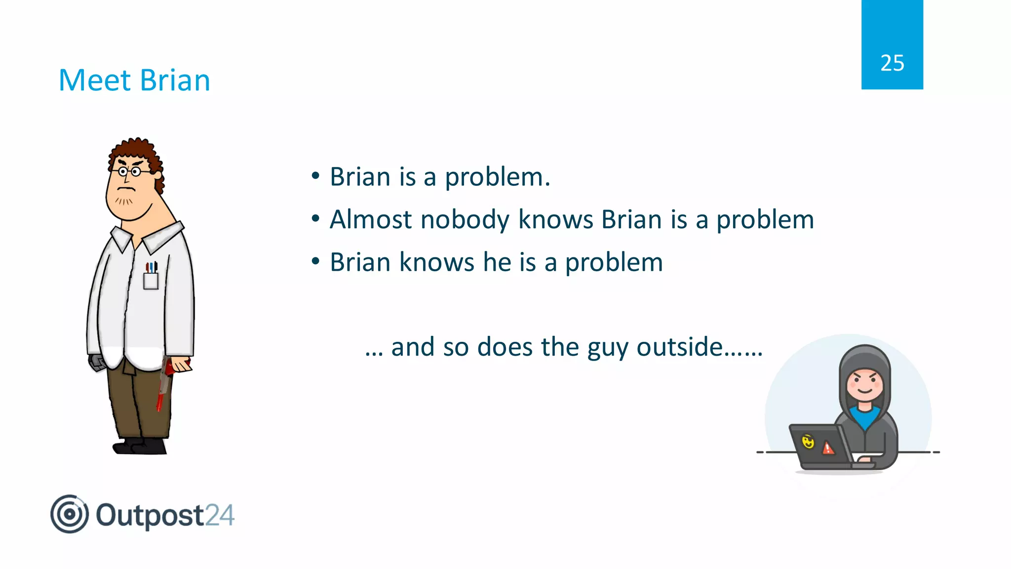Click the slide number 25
pos(892,63)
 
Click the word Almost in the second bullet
pos(370,219)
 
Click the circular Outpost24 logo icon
pos(70,514)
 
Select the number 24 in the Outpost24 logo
pos(219,516)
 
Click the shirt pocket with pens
pos(151,278)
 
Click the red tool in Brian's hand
pos(164,385)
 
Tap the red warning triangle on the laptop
pos(828,448)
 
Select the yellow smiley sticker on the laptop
pos(808,441)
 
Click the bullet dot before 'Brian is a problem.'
pos(315,176)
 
